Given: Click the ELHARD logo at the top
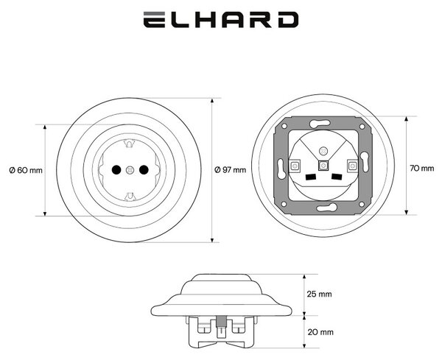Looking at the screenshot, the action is [221, 19].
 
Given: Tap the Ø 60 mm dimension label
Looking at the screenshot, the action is [26, 170].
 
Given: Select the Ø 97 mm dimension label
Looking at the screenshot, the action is [230, 169].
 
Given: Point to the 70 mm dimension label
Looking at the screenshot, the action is [421, 168].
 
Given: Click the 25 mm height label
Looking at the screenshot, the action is [320, 294].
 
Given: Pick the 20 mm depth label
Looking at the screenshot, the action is [320, 332].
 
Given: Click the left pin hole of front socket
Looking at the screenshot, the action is [116, 169].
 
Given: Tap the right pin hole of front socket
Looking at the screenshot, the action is [144, 169].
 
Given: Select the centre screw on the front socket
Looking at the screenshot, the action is [130, 170].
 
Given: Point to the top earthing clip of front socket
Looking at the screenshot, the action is [130, 144].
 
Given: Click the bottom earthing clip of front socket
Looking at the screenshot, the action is [130, 196].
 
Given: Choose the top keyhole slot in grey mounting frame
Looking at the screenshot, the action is [320, 124].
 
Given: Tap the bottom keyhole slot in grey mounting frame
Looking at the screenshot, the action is [327, 208].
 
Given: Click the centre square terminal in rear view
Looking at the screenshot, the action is [323, 166].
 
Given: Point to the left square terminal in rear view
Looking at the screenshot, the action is [295, 166].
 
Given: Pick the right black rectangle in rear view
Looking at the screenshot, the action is [337, 177].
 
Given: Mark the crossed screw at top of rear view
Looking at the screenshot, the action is [323, 151].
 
